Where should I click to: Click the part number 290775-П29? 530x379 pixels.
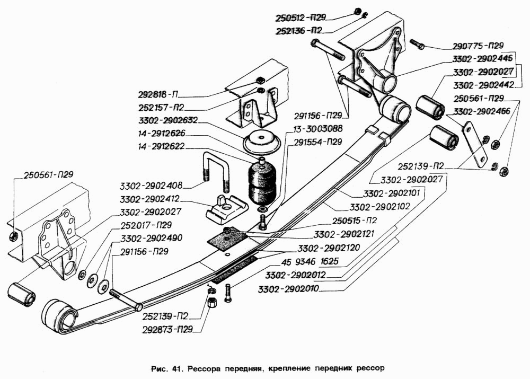coord(478,46)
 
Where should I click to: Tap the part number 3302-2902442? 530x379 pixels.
coord(484,84)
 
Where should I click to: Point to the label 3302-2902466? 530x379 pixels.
coord(482,111)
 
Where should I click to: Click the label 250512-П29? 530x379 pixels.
coord(301,17)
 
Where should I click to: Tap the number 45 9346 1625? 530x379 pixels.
coord(310,261)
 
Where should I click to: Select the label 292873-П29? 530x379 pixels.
coord(167,329)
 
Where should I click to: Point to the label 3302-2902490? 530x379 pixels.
coord(151,237)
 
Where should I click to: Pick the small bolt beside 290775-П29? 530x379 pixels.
coord(417,45)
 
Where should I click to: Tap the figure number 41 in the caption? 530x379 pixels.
coord(176,368)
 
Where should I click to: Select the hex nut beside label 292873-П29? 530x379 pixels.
coord(211,302)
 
